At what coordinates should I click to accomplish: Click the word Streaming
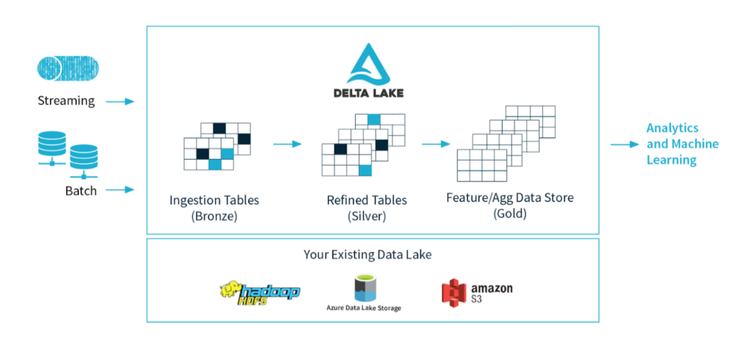pos(66,101)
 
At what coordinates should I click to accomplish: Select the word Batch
pos(81,191)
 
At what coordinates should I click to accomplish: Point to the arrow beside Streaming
pos(120,101)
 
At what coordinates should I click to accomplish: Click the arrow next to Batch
pos(120,190)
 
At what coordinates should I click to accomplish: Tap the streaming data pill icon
pos(68,68)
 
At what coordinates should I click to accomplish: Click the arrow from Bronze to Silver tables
pos(288,144)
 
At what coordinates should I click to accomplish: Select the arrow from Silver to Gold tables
pos(436,144)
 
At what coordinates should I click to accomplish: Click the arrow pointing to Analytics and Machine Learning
pos(624,144)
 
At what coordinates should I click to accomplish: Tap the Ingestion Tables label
pos(215,200)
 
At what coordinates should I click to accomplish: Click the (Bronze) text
pos(215,216)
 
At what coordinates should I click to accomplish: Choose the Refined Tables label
pos(367,200)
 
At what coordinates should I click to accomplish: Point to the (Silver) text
pos(367,216)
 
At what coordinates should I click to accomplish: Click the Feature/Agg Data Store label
pos(510,198)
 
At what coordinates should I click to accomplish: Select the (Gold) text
pos(509,214)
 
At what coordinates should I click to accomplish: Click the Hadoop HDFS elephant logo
pos(260,292)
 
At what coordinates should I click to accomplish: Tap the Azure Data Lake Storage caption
pos(363,308)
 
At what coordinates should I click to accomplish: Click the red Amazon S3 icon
pos(453,292)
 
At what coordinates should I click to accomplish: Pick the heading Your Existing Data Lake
pos(368,255)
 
